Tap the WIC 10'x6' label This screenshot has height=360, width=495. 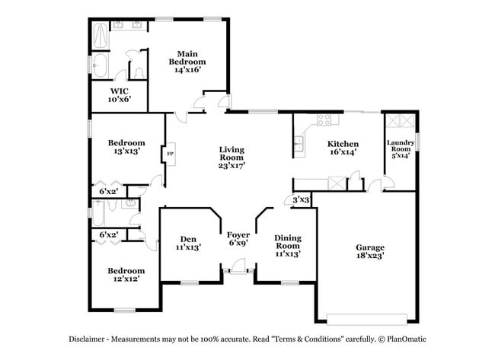coord(119,94)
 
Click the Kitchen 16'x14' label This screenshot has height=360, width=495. coord(343,148)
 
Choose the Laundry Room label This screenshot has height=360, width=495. coord(401,148)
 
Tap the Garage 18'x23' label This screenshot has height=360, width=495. coord(369,252)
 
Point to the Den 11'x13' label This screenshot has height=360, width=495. coord(188,244)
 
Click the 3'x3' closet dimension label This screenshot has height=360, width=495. coord(301,200)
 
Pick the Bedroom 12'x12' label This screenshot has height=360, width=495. coord(126,275)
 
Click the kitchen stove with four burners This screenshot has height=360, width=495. coord(323,119)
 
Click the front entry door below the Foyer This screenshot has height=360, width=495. coord(238,268)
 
